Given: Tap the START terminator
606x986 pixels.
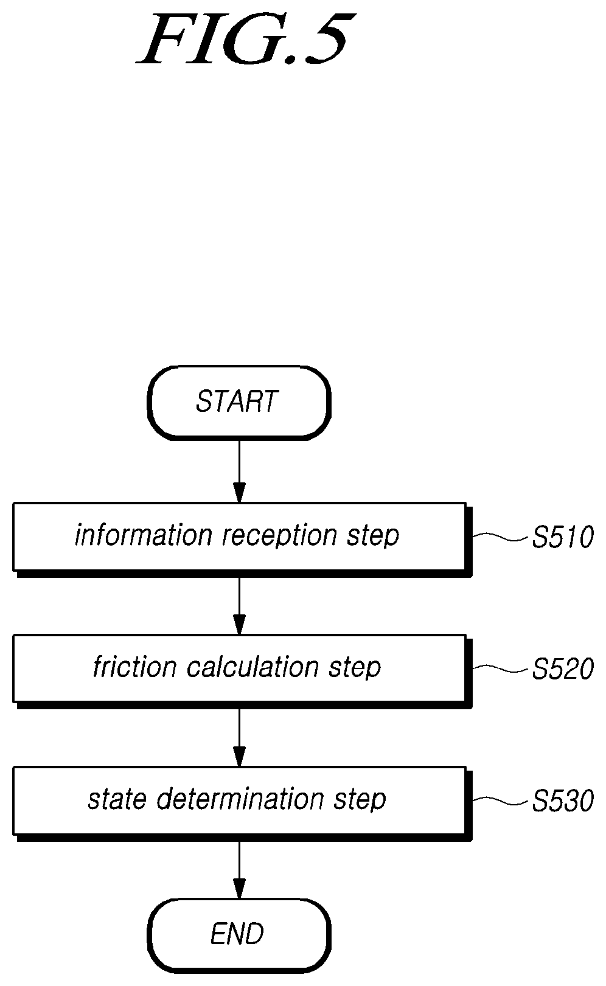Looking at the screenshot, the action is (239, 402).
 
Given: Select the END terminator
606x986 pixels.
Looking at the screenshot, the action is (239, 935).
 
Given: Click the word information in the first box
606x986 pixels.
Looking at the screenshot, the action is (144, 535).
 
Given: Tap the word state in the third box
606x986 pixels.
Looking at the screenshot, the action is (117, 800).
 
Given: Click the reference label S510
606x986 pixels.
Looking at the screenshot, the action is (563, 537).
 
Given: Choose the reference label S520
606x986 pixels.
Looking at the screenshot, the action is (563, 669).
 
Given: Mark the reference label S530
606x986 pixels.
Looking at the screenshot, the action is (563, 801).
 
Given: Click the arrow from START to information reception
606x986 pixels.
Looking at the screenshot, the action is (239, 471).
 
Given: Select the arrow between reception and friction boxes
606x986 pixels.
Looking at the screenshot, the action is (239, 606).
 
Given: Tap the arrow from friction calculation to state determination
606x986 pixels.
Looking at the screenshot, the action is (239, 738).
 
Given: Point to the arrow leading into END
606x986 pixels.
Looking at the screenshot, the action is (239, 870).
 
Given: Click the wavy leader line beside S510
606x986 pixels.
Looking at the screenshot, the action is (500, 536).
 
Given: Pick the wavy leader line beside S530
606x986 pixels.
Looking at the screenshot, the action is (500, 800).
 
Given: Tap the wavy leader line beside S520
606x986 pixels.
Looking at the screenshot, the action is (500, 668).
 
